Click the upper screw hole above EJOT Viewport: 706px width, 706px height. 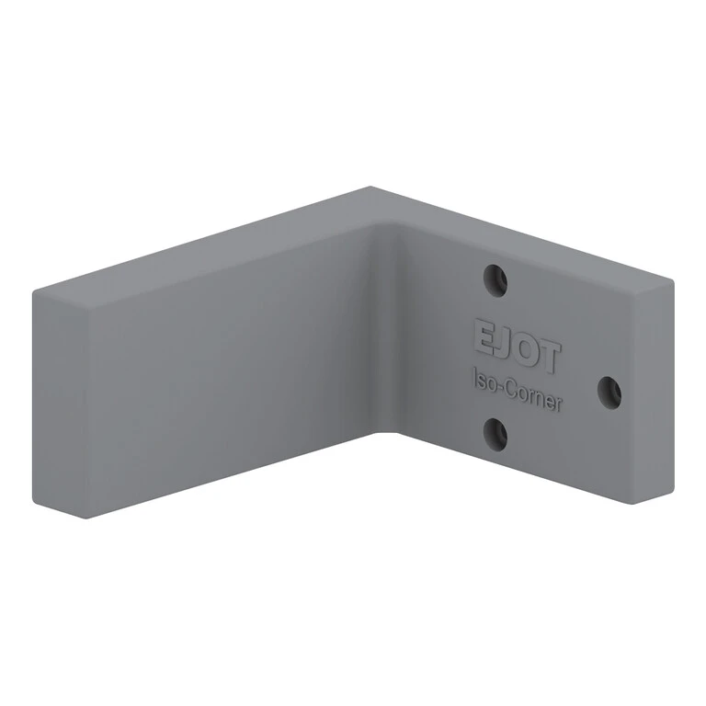[495, 281]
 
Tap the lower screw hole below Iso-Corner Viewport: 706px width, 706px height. [495, 434]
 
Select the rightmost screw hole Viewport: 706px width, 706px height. [609, 393]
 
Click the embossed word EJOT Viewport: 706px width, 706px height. [517, 346]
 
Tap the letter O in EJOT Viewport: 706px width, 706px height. [524, 349]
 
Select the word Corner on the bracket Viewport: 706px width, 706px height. [534, 396]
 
